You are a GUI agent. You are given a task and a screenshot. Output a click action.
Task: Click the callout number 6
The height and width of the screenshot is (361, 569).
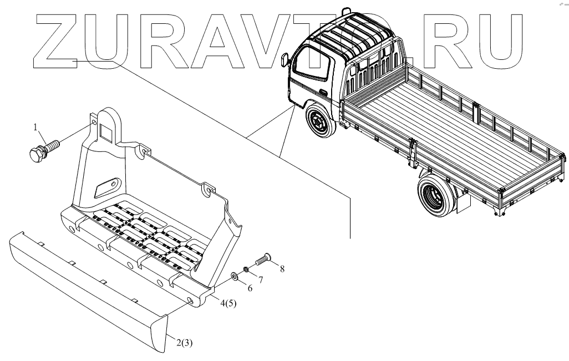pos(249,288)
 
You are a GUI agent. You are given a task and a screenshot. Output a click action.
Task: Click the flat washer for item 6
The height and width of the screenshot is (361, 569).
pos(235,275)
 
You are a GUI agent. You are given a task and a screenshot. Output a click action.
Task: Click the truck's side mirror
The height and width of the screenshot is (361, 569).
pos(284,59)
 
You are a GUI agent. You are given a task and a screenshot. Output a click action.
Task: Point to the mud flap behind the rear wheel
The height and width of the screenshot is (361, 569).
pos(463,203)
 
